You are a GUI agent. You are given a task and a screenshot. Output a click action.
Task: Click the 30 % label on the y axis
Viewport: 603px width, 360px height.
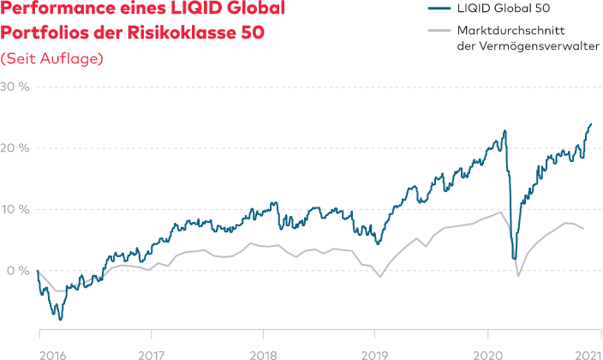(x=15, y=87)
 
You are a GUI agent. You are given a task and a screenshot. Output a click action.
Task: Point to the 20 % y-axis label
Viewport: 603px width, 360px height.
(x=15, y=148)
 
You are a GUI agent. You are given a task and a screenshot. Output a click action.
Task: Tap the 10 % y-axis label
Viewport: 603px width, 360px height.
(x=15, y=209)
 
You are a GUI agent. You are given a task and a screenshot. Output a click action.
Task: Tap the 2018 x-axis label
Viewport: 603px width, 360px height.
(x=264, y=351)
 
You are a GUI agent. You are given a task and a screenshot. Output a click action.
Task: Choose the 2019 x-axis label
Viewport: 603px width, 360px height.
(x=374, y=351)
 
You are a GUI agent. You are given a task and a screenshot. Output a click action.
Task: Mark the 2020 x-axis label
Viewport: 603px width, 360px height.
(x=488, y=351)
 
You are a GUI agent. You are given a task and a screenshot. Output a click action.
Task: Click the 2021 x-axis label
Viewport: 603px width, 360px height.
(x=587, y=351)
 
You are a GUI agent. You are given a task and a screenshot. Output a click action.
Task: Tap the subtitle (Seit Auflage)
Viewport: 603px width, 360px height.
(x=52, y=58)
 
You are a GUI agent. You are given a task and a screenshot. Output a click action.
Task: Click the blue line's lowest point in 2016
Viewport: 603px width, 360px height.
(x=60, y=320)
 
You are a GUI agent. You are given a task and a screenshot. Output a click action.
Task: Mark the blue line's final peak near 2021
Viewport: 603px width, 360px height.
(x=591, y=123)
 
